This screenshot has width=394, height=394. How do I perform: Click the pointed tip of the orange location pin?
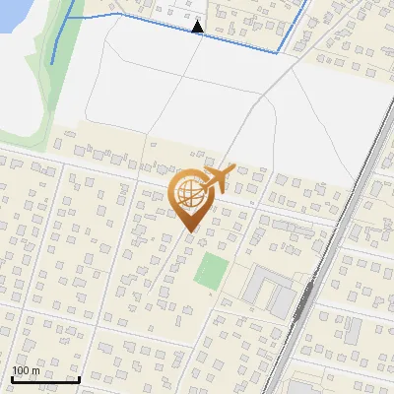(x=189, y=232)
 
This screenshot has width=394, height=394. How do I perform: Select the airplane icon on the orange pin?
(x=218, y=177)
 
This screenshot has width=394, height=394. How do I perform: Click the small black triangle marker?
(x=198, y=27)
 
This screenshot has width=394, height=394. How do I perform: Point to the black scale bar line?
(x=45, y=380)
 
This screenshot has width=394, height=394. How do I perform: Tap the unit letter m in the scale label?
(x=35, y=370)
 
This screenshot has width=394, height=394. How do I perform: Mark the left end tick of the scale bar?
(x=12, y=379)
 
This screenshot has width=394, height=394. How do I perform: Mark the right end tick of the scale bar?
(x=79, y=379)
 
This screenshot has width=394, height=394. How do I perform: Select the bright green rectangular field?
(x=209, y=272)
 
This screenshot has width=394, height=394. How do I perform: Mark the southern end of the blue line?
(x=52, y=64)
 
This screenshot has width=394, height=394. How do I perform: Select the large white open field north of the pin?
(x=148, y=89)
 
